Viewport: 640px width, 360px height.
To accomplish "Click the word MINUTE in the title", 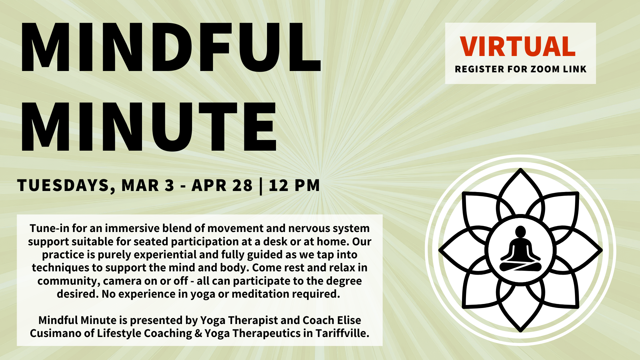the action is pos(149,127).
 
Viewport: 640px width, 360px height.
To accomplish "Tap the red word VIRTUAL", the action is pos(518,46).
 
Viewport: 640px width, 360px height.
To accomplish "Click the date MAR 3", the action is pos(148,185).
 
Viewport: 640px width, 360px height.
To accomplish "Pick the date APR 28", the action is pos(222,185).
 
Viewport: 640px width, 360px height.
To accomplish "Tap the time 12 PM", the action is pos(294,185).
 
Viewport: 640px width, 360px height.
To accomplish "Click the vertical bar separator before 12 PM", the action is pos(261,186).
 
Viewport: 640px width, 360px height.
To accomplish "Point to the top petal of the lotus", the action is pos(520,191).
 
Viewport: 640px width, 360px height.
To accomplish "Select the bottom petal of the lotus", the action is pos(520,308).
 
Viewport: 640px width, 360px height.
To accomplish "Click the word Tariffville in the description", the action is pos(342,333).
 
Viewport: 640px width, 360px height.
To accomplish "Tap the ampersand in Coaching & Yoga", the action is pos(198,333).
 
